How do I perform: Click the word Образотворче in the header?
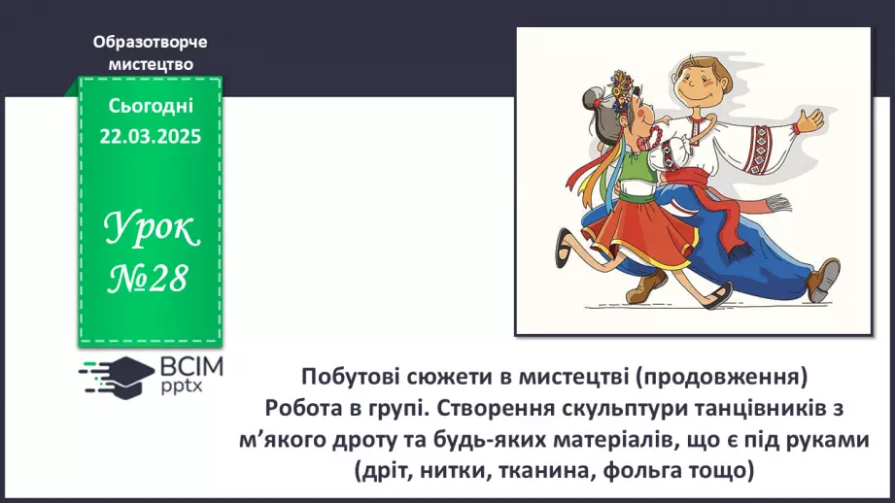(x=150, y=42)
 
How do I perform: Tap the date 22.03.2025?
(x=150, y=136)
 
